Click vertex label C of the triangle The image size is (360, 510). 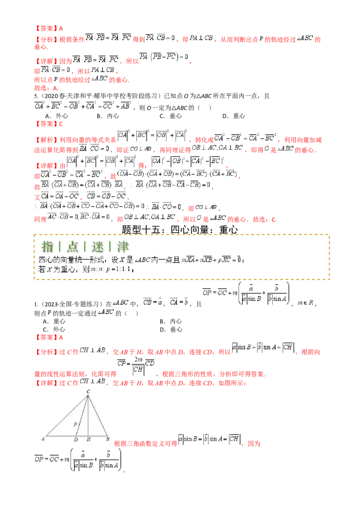point(88,392)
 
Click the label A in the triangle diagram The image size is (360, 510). point(43,439)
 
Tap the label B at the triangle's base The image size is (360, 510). point(108,439)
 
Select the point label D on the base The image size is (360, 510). point(76,439)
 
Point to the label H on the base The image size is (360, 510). point(88,439)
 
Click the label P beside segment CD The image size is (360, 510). point(75,424)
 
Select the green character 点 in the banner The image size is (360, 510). point(72,246)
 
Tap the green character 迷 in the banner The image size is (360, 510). point(98,246)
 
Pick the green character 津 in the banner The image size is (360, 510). point(122,246)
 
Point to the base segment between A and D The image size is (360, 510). point(61,435)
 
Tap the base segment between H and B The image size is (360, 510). point(98,435)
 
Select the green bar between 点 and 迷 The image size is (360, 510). point(85,246)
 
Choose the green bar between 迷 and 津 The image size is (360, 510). point(110,246)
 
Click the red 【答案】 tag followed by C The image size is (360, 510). point(47,123)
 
